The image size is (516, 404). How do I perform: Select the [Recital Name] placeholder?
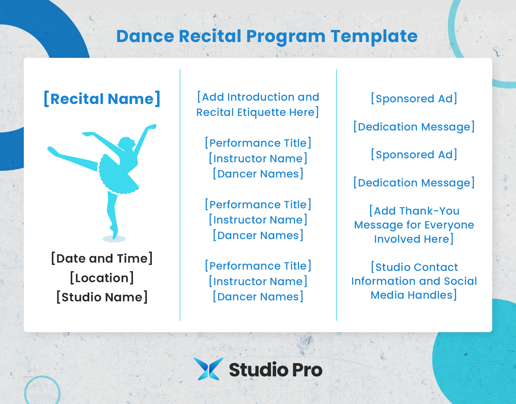102,99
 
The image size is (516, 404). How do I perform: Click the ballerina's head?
126,143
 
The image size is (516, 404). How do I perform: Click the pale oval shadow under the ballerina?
114,239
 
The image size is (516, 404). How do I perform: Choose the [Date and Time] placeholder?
102,258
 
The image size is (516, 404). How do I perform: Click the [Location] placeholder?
102,278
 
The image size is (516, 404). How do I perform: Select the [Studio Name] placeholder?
102,297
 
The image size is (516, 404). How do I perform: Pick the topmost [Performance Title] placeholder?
258,143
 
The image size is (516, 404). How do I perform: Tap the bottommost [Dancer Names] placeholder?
258,297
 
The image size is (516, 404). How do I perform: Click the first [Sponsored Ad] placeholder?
414,99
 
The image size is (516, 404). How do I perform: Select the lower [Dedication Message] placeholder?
414,183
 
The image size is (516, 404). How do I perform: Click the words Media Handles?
413,295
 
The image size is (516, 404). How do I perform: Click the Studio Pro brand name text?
276,370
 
